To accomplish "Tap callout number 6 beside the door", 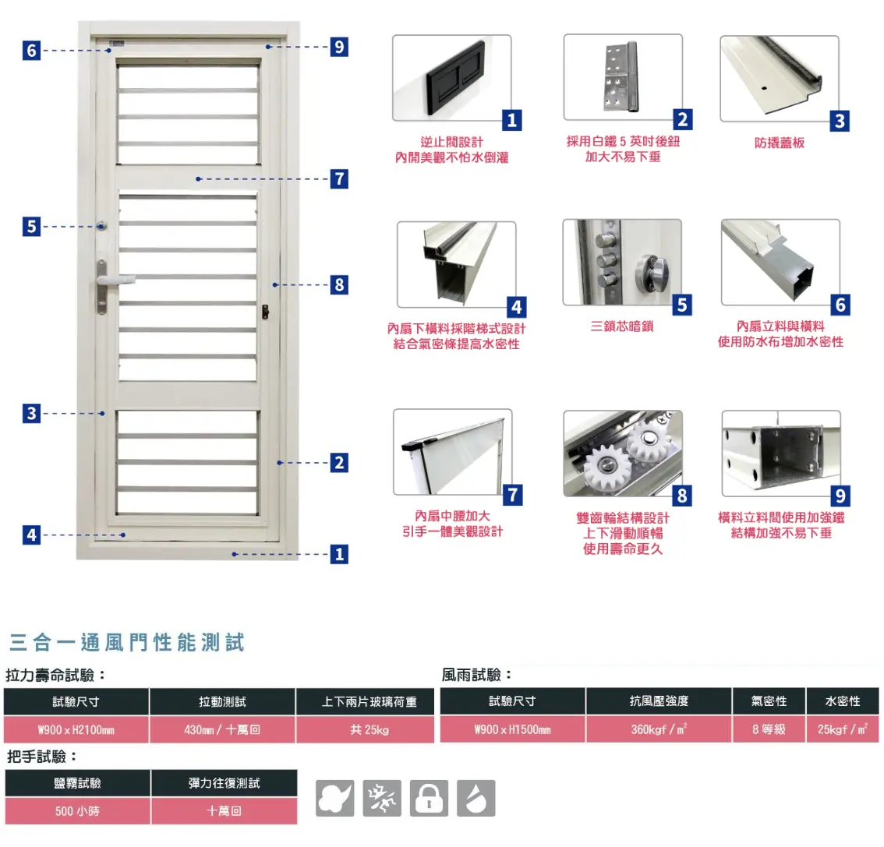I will coord(31,51).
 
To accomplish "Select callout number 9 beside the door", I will coord(338,47).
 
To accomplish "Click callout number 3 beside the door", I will coord(31,413).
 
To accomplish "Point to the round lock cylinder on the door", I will coord(102,226).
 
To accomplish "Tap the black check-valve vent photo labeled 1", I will coord(451,77).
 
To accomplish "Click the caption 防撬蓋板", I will coord(779,143).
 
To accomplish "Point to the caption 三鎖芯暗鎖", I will coord(621,326).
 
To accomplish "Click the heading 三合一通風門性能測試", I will coord(127,643).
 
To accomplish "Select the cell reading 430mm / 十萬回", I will coord(222,730).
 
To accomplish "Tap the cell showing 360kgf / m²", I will coord(659,730).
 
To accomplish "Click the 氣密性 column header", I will coord(769,701).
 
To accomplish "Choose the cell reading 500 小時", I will coord(77,811).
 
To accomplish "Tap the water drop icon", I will coord(476,799).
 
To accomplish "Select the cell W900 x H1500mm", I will coord(512,730).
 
